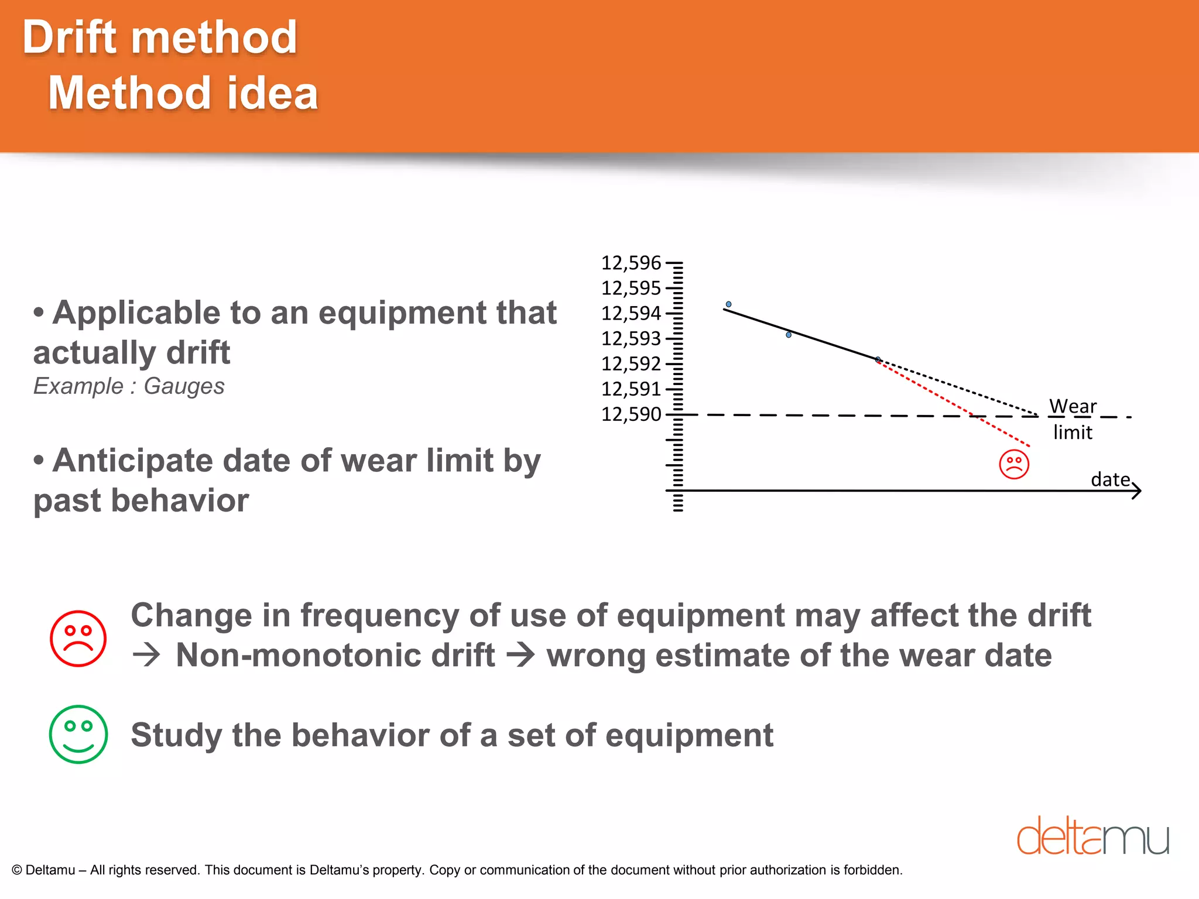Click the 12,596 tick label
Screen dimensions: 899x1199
tap(631, 263)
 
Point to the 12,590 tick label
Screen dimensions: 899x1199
tap(631, 414)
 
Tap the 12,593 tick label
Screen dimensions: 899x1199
tap(631, 338)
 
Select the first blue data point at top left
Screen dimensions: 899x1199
tap(728, 304)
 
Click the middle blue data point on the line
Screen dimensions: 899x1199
tap(789, 335)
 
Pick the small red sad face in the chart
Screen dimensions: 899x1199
tap(1014, 464)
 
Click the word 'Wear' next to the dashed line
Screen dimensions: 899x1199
tap(1073, 406)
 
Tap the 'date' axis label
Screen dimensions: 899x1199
tap(1110, 479)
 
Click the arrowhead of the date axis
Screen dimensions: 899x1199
tap(1137, 490)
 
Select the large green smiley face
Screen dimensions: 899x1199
tap(78, 734)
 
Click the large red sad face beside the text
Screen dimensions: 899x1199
tap(78, 639)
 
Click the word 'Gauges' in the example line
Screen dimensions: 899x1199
tap(184, 386)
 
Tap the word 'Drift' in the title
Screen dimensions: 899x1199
tap(70, 37)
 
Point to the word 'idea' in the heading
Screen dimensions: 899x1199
tap(272, 94)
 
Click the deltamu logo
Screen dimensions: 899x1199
tap(1092, 836)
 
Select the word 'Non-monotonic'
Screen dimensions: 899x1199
tap(335, 655)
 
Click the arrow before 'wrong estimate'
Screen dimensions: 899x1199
tap(520, 655)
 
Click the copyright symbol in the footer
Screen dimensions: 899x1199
tap(17, 870)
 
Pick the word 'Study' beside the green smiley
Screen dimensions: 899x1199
tap(176, 735)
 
